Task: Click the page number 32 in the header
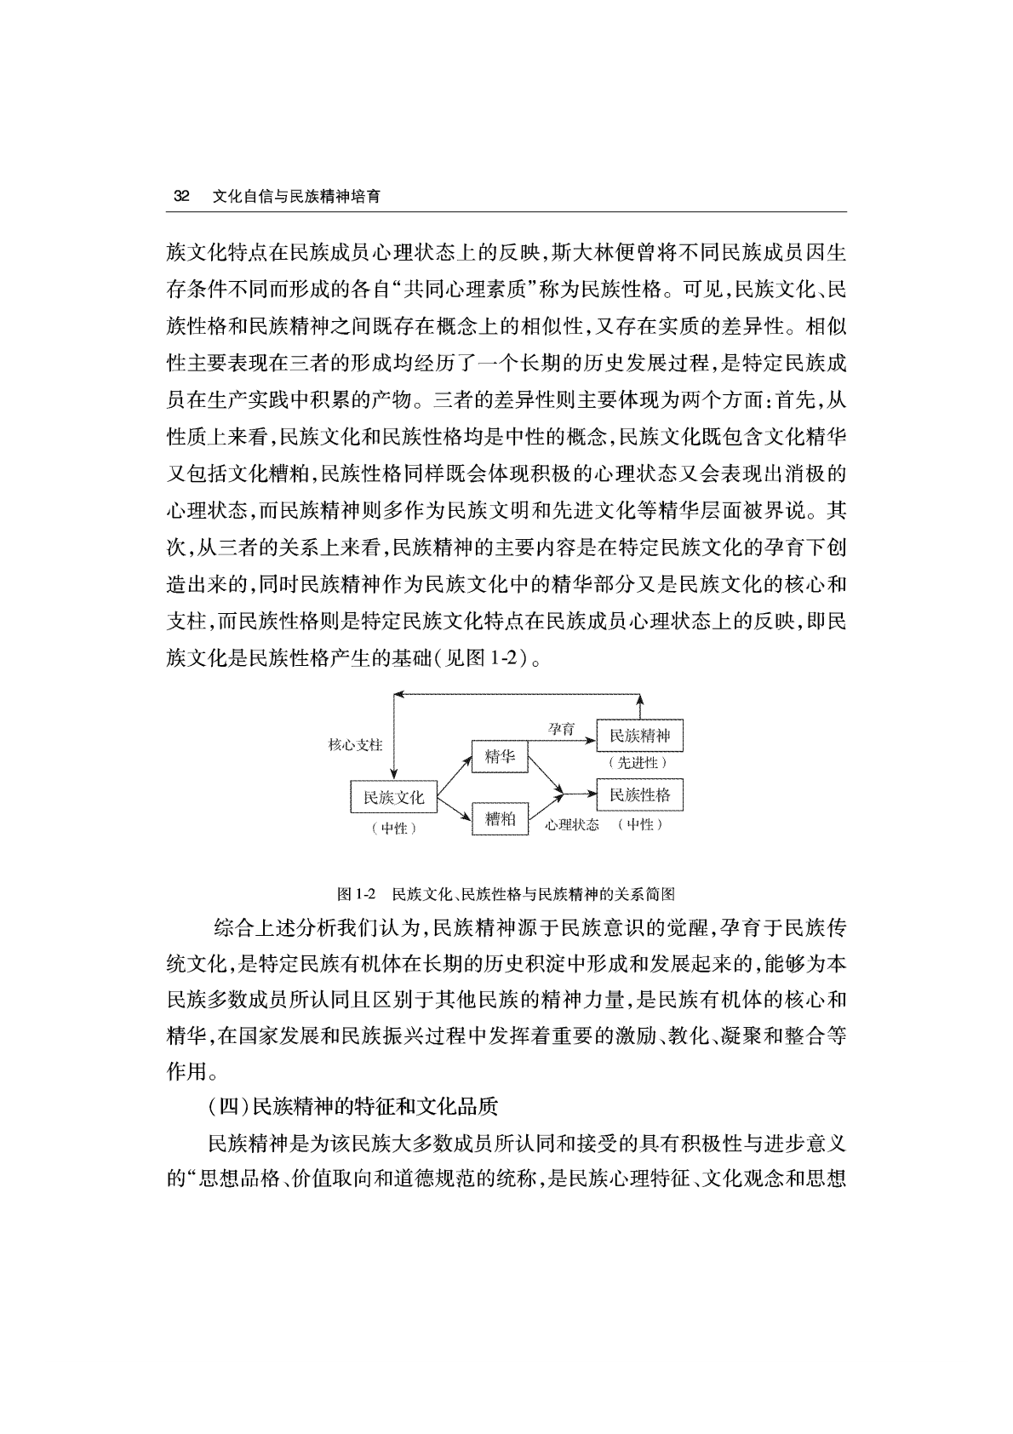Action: click(x=180, y=196)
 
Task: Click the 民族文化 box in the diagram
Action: click(x=393, y=797)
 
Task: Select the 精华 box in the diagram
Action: click(x=500, y=756)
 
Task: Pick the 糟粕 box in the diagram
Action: click(x=500, y=818)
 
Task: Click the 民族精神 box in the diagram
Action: click(x=640, y=736)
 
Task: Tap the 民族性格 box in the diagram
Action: click(x=640, y=795)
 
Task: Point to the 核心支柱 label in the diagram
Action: click(x=355, y=744)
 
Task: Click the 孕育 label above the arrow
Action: click(x=561, y=729)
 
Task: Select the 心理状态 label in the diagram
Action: click(x=572, y=824)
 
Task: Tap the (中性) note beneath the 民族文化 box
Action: click(x=393, y=827)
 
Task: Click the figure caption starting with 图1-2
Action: click(x=506, y=894)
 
